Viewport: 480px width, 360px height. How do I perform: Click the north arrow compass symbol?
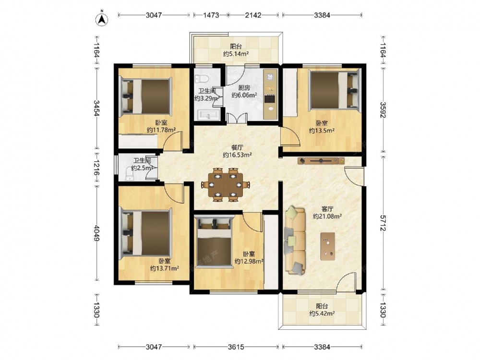(102, 19)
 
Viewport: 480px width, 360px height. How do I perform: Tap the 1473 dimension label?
(211, 15)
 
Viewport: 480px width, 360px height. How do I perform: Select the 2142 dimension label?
(253, 15)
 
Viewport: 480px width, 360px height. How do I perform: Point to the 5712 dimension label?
(383, 223)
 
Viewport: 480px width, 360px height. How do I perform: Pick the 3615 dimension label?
(236, 347)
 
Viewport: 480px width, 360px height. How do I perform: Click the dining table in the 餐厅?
(225, 184)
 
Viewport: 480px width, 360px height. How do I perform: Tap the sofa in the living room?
(295, 240)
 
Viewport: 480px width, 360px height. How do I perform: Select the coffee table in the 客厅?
(327, 246)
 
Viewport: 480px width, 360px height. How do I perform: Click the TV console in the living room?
(321, 160)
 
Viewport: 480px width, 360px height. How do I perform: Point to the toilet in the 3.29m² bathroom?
(202, 79)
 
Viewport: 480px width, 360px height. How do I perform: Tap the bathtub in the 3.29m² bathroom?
(208, 115)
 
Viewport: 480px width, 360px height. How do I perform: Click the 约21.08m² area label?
(327, 216)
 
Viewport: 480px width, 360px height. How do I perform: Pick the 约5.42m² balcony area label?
(322, 313)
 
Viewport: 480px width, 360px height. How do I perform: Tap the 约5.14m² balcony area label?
(236, 54)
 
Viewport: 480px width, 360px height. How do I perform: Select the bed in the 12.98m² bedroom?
(214, 241)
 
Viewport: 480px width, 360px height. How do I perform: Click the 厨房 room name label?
(244, 87)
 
